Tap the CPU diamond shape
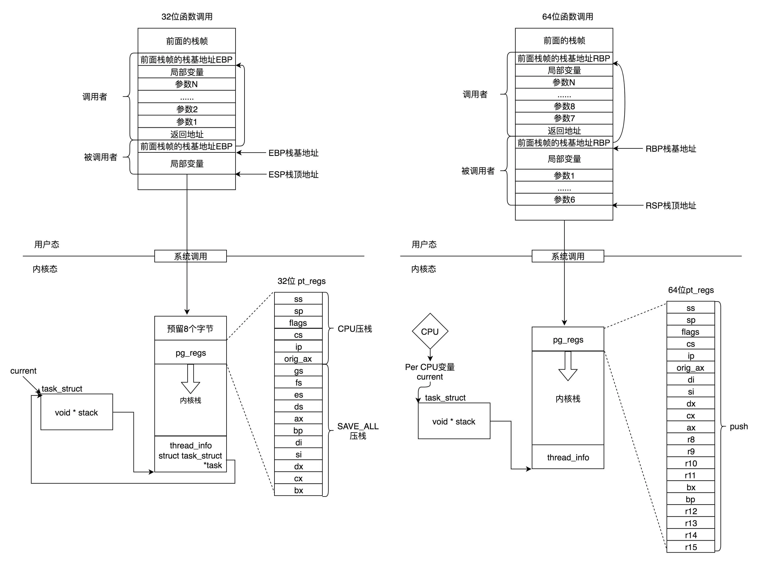430,331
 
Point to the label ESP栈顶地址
293,174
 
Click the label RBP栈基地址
671,149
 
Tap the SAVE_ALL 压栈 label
358,431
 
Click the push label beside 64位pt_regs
738,426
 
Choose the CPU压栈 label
355,329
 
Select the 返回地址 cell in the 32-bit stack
187,134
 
